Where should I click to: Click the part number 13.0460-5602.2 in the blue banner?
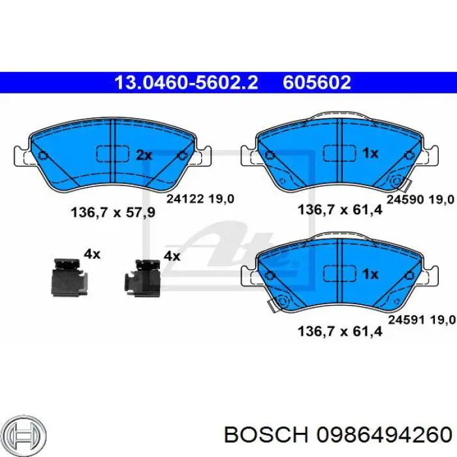click(x=186, y=82)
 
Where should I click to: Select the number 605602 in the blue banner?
click(x=317, y=82)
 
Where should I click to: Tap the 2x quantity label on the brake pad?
click(x=144, y=155)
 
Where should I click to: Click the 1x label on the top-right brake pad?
click(x=370, y=153)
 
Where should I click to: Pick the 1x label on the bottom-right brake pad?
click(x=370, y=274)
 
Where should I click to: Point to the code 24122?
click(x=185, y=199)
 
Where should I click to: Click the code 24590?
click(x=405, y=200)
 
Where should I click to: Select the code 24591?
click(x=407, y=320)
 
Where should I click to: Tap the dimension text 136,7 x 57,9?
click(x=113, y=212)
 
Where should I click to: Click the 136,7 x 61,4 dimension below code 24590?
click(x=340, y=210)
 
